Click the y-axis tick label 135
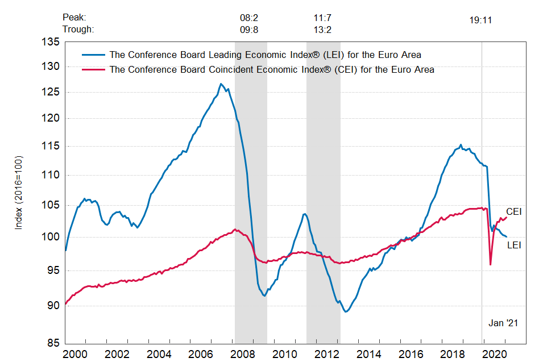[51, 42]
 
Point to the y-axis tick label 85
[53, 343]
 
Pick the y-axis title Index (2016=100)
[19, 192]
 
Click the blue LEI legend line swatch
[93, 55]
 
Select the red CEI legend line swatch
[93, 69]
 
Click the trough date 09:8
[249, 30]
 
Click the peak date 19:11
[480, 20]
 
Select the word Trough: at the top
[78, 30]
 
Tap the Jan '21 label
[503, 323]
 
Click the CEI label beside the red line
[514, 211]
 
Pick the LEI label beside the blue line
[514, 246]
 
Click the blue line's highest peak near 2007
[221, 84]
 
